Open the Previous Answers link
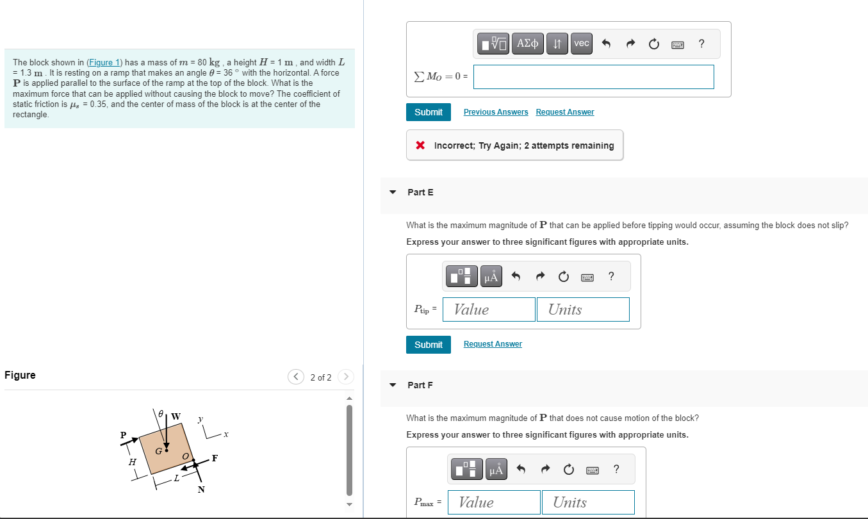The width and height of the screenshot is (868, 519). [x=496, y=112]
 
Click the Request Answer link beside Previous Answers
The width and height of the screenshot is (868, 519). [x=564, y=112]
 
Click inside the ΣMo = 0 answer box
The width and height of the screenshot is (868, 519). [x=593, y=77]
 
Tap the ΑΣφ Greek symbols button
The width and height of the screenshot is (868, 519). [x=528, y=44]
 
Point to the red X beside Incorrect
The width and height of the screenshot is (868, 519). [x=420, y=145]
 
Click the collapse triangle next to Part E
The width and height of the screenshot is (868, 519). [x=393, y=192]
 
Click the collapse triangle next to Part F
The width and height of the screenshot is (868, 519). [x=393, y=385]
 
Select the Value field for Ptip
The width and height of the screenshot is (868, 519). [x=489, y=309]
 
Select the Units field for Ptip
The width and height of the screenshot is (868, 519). [x=583, y=309]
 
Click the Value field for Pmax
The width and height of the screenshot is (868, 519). [x=494, y=502]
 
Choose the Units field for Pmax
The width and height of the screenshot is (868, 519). [x=588, y=502]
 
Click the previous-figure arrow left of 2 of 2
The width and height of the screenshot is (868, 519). [x=295, y=377]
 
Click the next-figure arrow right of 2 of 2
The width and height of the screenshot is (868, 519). [x=345, y=377]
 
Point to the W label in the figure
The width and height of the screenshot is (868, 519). [x=176, y=416]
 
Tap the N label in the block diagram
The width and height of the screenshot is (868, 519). [x=201, y=490]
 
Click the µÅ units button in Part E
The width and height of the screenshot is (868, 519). [x=491, y=277]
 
